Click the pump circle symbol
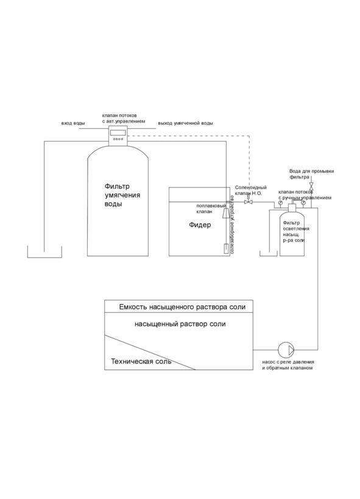[x=286, y=350]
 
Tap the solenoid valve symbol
[x=248, y=201]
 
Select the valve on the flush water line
[x=311, y=185]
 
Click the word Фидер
[x=200, y=225]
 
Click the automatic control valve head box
[x=118, y=136]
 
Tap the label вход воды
[x=73, y=123]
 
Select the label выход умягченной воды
[x=185, y=123]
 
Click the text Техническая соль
[x=141, y=361]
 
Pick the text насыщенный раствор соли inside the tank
[x=180, y=324]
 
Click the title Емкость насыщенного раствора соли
[x=182, y=307]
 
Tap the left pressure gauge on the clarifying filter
[x=280, y=202]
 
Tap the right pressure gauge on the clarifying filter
[x=303, y=202]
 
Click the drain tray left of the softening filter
[x=44, y=257]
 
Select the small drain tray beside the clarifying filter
[x=269, y=255]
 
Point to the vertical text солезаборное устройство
[x=232, y=225]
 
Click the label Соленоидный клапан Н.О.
[x=251, y=190]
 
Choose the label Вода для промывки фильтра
[x=311, y=174]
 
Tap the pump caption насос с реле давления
[x=288, y=362]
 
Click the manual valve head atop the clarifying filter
[x=292, y=207]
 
